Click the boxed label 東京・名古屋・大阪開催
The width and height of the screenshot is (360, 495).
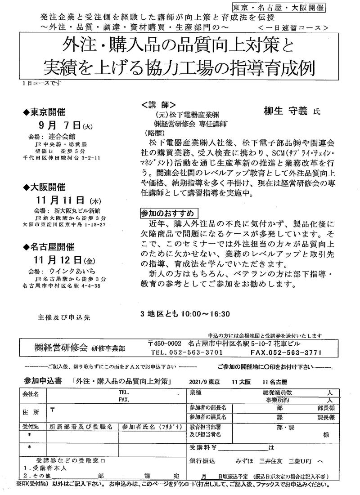coord(279,8)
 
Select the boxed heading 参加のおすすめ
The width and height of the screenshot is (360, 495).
coord(167,212)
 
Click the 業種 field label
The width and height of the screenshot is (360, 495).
coord(196,392)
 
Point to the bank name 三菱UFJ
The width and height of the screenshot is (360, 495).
coord(302,461)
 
